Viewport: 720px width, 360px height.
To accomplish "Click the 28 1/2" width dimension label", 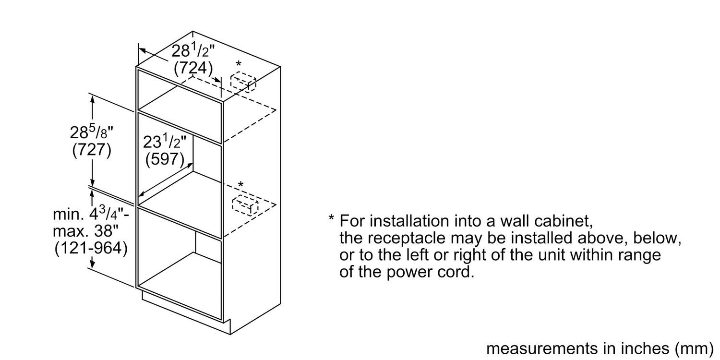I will pos(193,50).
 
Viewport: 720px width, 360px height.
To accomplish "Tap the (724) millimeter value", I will pos(193,68).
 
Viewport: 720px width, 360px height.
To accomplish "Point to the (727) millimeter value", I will pos(92,150).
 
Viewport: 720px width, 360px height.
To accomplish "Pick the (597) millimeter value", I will pos(165,159).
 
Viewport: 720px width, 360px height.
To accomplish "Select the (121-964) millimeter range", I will pos(91,249).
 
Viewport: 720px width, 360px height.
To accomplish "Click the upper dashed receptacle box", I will pos(243,82).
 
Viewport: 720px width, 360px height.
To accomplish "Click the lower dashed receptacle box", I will pos(245,206).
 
